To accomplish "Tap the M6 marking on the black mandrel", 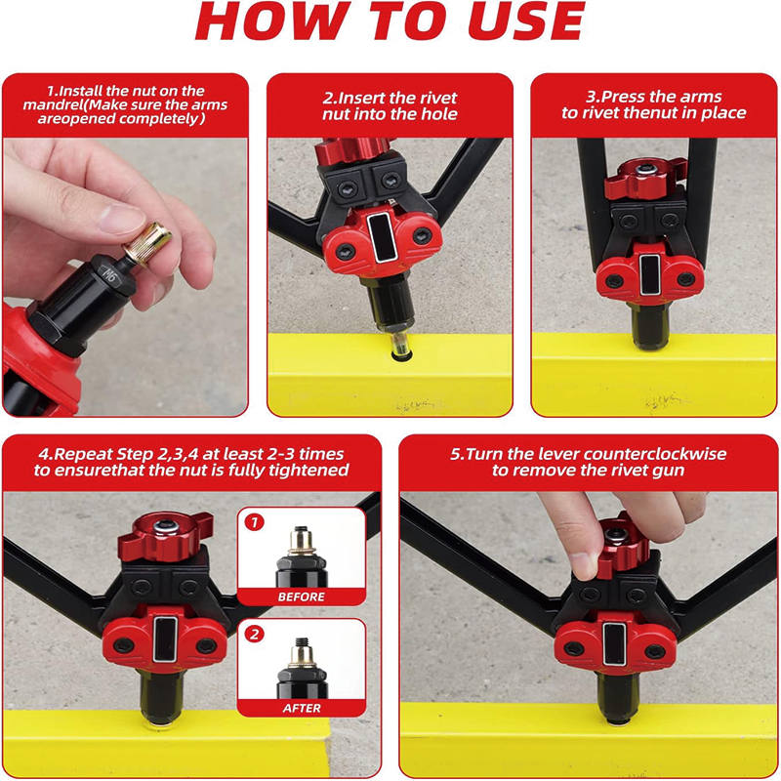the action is [x=109, y=275].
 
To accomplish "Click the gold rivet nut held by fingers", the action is [x=148, y=242].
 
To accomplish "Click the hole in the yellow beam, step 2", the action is [x=401, y=355].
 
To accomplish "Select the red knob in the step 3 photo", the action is [x=645, y=179].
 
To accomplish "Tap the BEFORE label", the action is [x=302, y=596].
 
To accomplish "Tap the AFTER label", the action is [x=302, y=708].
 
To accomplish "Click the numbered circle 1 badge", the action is [x=255, y=522].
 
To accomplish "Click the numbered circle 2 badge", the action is [x=255, y=634].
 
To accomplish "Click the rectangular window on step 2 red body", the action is [x=383, y=237].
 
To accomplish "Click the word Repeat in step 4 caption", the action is [x=82, y=455].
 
